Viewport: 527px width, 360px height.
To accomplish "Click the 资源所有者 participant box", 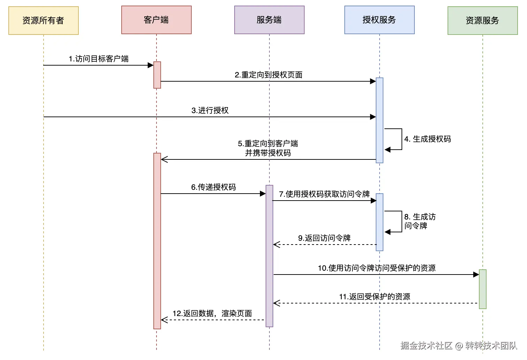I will [x=44, y=21].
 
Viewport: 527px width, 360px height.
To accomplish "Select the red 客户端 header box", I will [x=156, y=20].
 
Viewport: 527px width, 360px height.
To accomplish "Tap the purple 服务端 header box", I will [x=269, y=20].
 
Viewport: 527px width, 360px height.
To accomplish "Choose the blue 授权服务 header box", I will [x=379, y=20].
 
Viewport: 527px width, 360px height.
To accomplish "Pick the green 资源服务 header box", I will [x=482, y=21].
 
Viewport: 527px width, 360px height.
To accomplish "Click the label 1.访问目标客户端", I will [x=99, y=59].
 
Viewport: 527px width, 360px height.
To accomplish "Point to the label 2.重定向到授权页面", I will [x=268, y=75].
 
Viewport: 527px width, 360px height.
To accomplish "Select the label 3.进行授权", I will [x=210, y=110].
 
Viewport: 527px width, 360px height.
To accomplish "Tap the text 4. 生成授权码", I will [x=427, y=139].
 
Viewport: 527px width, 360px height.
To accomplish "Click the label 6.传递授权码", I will [x=213, y=187].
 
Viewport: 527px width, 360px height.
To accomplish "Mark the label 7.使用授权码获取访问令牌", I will [x=324, y=194].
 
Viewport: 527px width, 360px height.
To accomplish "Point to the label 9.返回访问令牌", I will [x=324, y=238].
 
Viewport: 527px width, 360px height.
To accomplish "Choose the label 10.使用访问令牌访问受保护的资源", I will [x=376, y=268].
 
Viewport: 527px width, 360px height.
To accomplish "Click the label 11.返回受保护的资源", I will [x=374, y=297].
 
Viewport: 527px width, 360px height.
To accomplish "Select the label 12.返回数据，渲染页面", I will [x=212, y=313].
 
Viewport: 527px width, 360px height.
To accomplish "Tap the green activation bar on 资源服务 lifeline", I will [x=482, y=289].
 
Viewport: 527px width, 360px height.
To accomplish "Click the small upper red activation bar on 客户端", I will [x=157, y=75].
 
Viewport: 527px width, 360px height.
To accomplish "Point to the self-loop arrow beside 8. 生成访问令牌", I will [x=397, y=222].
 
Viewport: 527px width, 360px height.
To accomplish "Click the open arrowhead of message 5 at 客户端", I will [x=165, y=159].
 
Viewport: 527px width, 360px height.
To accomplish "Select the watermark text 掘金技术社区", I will [x=426, y=345].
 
